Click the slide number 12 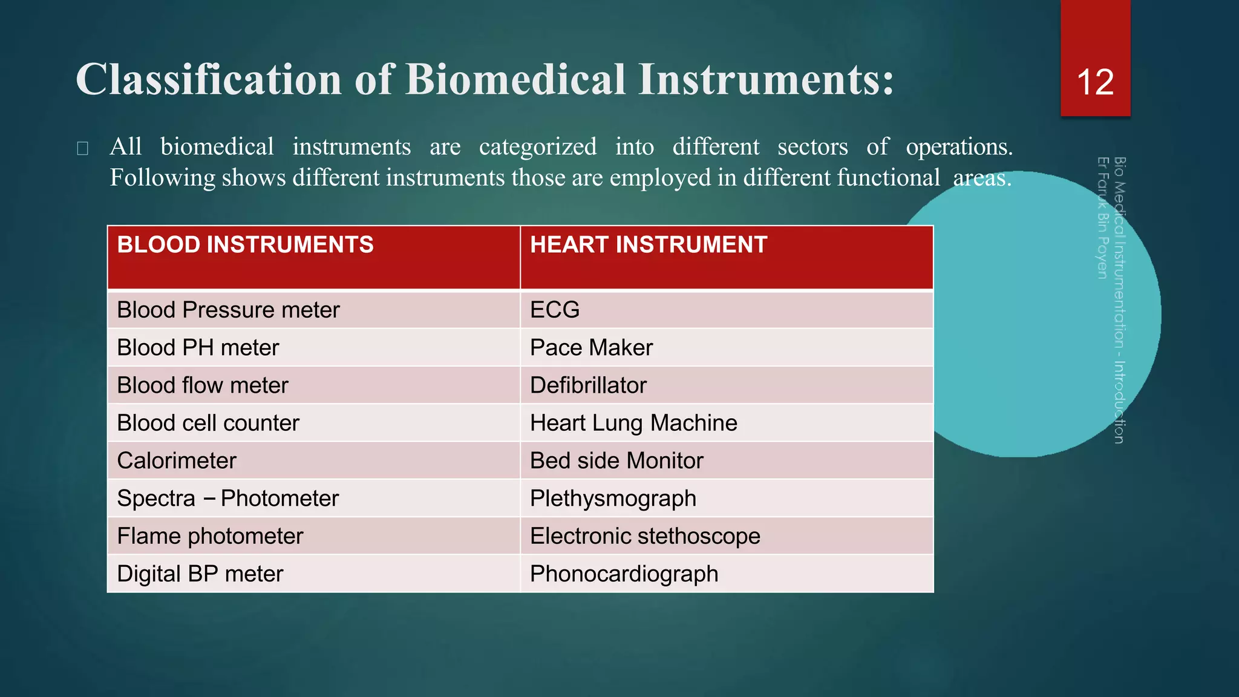pyautogui.click(x=1095, y=82)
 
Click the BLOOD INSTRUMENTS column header pyautogui.click(x=245, y=245)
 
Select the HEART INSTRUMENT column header pyautogui.click(x=649, y=245)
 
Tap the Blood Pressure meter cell pyautogui.click(x=228, y=310)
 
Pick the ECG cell pyautogui.click(x=555, y=310)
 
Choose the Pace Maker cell pyautogui.click(x=591, y=348)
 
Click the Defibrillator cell pyautogui.click(x=588, y=385)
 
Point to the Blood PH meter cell pyautogui.click(x=198, y=348)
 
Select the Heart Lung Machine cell pyautogui.click(x=633, y=423)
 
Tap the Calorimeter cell pyautogui.click(x=176, y=461)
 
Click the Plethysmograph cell pyautogui.click(x=613, y=499)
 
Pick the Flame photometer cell pyautogui.click(x=210, y=536)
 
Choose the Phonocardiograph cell pyautogui.click(x=624, y=574)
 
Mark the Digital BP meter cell pyautogui.click(x=200, y=574)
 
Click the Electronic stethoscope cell pyautogui.click(x=645, y=536)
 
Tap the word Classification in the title pyautogui.click(x=209, y=80)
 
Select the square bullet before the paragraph pyautogui.click(x=83, y=148)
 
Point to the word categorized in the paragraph pyautogui.click(x=537, y=147)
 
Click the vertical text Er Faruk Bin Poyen pyautogui.click(x=1102, y=218)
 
